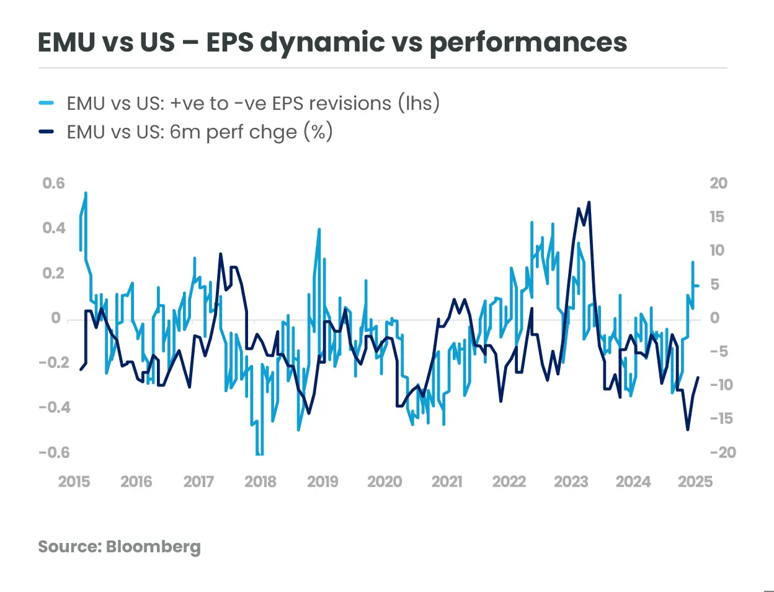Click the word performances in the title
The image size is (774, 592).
[x=528, y=42]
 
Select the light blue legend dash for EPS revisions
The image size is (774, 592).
[x=47, y=103]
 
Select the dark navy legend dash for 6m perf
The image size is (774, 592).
[x=47, y=132]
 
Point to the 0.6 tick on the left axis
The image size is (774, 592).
[x=53, y=183]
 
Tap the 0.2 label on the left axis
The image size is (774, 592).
[x=53, y=273]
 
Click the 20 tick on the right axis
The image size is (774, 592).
[x=718, y=183]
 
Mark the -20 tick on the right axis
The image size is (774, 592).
[x=723, y=452]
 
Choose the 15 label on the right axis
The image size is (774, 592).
[x=717, y=217]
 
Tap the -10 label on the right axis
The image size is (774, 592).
[x=723, y=385]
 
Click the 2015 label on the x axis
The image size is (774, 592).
[x=74, y=482]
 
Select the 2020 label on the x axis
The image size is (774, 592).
[x=385, y=482]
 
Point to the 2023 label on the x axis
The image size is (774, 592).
[x=571, y=482]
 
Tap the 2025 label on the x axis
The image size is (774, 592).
[x=695, y=482]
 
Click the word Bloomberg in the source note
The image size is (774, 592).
[x=153, y=547]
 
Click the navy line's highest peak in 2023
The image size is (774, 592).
[x=589, y=202]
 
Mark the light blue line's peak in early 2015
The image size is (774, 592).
[x=86, y=193]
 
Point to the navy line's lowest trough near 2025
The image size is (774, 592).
[x=687, y=429]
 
